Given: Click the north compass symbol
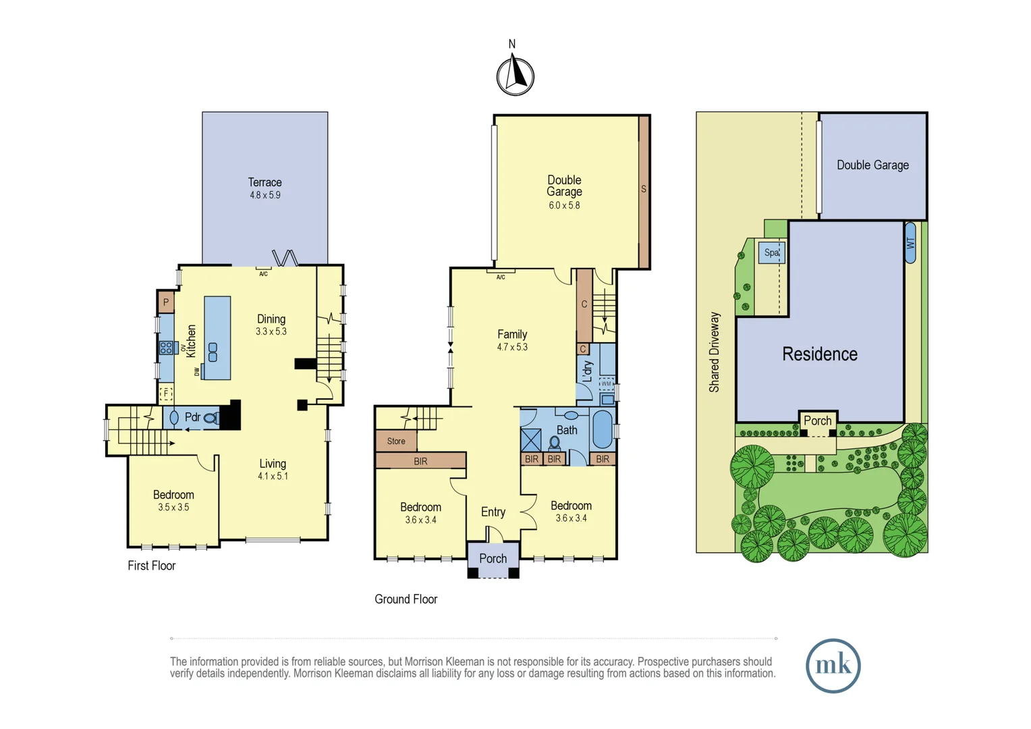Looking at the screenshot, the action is [515, 76].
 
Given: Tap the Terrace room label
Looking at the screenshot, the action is [264, 182].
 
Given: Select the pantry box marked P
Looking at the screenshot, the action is [166, 302].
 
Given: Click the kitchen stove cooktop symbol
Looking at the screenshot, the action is [166, 348].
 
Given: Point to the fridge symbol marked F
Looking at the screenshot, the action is [166, 394].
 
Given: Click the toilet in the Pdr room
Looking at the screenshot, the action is [211, 418].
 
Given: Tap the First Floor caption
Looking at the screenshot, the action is [151, 566].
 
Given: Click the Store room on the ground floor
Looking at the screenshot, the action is [396, 441].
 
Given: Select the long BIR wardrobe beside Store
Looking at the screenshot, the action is [420, 460].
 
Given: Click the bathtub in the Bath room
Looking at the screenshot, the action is [602, 429].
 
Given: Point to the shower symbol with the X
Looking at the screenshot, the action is [531, 440].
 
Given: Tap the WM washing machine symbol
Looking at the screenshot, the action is [606, 383].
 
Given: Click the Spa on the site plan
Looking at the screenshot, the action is [771, 252].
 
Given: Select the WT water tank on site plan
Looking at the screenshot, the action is [910, 243].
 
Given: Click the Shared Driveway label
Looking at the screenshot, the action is [714, 352].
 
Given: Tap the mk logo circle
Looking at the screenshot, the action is [833, 666].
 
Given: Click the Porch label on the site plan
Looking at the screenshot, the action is [817, 421].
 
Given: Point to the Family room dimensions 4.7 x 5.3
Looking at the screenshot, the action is [512, 347].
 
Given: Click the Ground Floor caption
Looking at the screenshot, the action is [406, 599].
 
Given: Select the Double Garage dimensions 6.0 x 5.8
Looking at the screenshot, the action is [564, 205].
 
